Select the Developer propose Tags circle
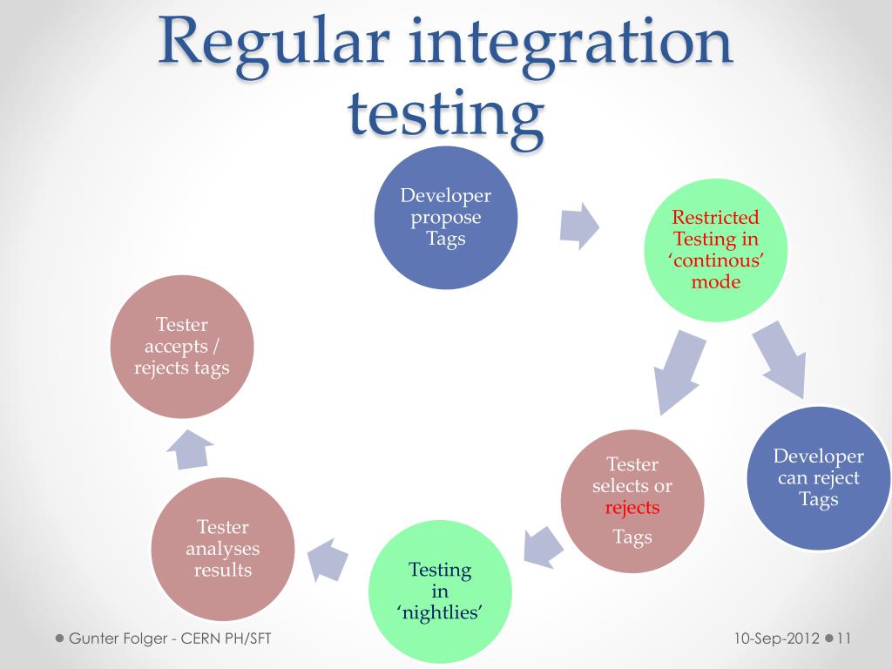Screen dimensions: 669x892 tap(445, 218)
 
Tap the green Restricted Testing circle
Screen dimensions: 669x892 tap(715, 250)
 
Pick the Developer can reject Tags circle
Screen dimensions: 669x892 tap(818, 478)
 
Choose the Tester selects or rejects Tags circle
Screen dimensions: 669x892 tap(632, 500)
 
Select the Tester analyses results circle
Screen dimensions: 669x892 tap(222, 549)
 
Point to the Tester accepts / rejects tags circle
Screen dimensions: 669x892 tap(182, 346)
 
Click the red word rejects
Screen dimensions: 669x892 tap(632, 507)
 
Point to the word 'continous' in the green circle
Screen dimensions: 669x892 tap(715, 260)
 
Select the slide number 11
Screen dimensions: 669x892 tap(843, 639)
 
